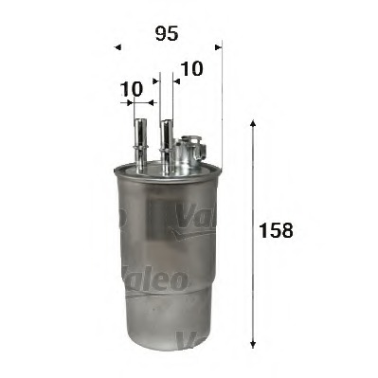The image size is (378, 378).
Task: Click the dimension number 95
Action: tap(167, 33)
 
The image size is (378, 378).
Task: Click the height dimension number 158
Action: tap(276, 230)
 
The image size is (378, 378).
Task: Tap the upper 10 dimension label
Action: tap(191, 68)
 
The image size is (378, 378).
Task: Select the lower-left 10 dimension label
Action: tap(132, 89)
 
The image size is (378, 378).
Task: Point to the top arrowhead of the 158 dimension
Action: tap(252, 123)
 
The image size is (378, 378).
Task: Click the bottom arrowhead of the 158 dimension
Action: tap(252, 345)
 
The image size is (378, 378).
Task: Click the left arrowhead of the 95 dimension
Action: tap(117, 47)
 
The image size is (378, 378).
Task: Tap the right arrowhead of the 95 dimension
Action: tap(219, 47)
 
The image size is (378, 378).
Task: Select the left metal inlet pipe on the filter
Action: tap(140, 145)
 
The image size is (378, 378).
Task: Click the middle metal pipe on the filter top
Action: tap(167, 147)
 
